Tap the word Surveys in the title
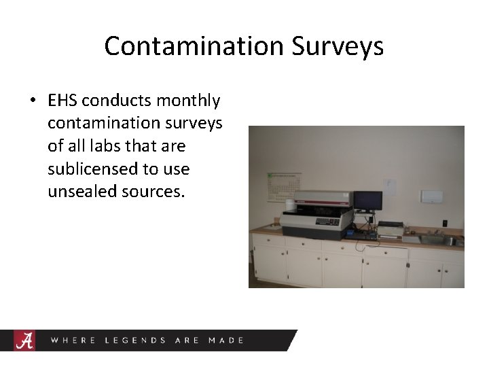click(x=338, y=46)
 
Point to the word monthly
click(x=188, y=101)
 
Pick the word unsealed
click(x=82, y=192)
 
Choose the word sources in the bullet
click(x=153, y=192)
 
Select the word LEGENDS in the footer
click(x=135, y=340)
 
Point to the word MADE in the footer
click(x=226, y=340)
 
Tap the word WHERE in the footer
click(x=74, y=340)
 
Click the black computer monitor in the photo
click(x=367, y=200)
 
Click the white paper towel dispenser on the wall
click(x=431, y=196)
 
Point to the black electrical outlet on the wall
click(x=444, y=223)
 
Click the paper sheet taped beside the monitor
click(x=388, y=186)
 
